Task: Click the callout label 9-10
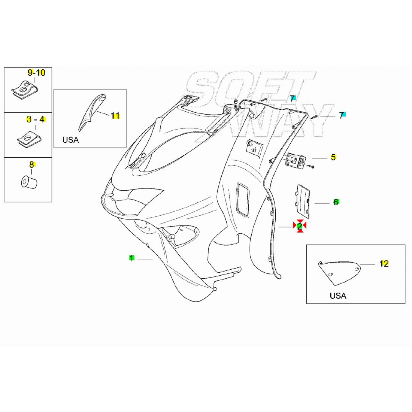36,73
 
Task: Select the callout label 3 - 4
36,119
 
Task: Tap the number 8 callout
32,164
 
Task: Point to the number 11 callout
115,116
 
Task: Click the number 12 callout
384,264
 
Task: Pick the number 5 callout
333,157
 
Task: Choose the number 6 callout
336,202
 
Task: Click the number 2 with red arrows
300,226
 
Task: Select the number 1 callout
131,258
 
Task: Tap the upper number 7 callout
292,99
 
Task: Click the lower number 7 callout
341,115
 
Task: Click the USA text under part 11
70,140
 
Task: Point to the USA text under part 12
338,296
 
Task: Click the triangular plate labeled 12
339,272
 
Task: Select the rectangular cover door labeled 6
303,201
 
